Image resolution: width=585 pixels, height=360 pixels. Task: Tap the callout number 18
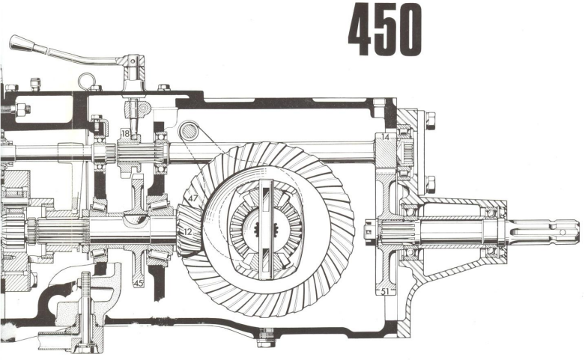point(125,134)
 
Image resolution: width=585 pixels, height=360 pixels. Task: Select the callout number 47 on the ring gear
point(193,198)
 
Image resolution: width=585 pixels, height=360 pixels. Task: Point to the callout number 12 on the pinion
point(187,232)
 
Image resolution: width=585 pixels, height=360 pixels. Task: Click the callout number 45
point(139,283)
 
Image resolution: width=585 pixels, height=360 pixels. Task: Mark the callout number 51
point(385,292)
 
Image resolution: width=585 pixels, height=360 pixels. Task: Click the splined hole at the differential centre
point(261,228)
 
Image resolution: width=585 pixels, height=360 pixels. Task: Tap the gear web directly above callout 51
point(385,262)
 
